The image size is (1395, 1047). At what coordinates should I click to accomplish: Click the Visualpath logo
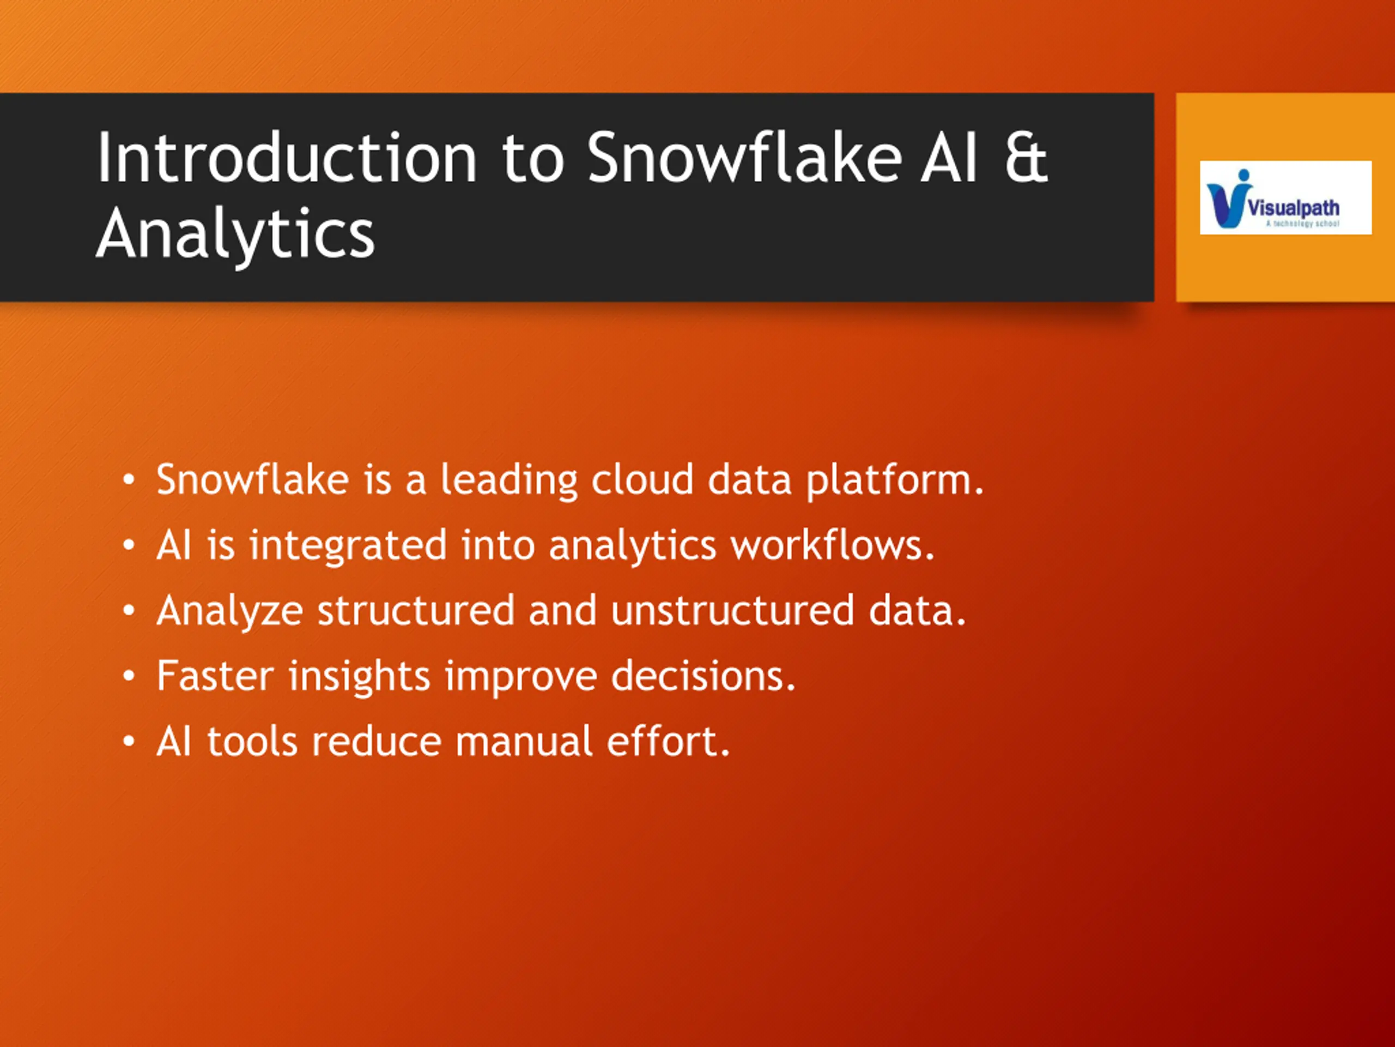point(1285,197)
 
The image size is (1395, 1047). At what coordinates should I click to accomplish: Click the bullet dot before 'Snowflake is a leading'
point(129,480)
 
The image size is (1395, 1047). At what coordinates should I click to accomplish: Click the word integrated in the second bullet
point(348,546)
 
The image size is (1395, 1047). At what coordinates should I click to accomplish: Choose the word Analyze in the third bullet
point(230,611)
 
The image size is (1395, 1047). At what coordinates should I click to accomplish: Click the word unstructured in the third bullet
point(733,611)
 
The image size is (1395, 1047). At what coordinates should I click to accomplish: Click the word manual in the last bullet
point(524,741)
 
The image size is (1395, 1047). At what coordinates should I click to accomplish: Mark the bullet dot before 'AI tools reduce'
point(129,742)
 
